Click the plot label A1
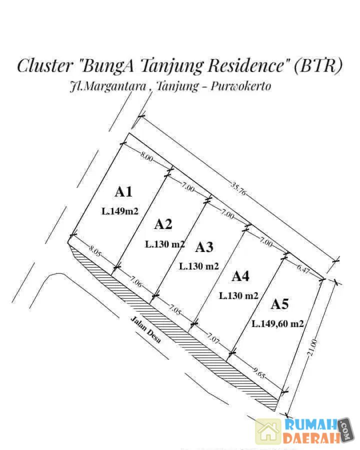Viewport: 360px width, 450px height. (123, 191)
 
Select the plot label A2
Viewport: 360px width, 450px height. (163, 224)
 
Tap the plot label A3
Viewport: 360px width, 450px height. (204, 247)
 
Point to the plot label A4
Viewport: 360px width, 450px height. (240, 276)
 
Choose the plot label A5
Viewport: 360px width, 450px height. (280, 304)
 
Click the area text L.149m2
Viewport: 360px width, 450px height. (120, 211)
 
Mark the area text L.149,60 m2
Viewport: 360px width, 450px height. (278, 323)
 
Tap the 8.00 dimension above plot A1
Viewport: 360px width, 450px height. (146, 156)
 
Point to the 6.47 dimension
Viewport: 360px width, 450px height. (303, 268)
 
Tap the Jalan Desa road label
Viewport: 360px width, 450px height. (145, 329)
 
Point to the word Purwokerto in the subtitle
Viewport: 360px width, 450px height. (241, 86)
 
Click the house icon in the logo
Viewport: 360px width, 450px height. (268, 431)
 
